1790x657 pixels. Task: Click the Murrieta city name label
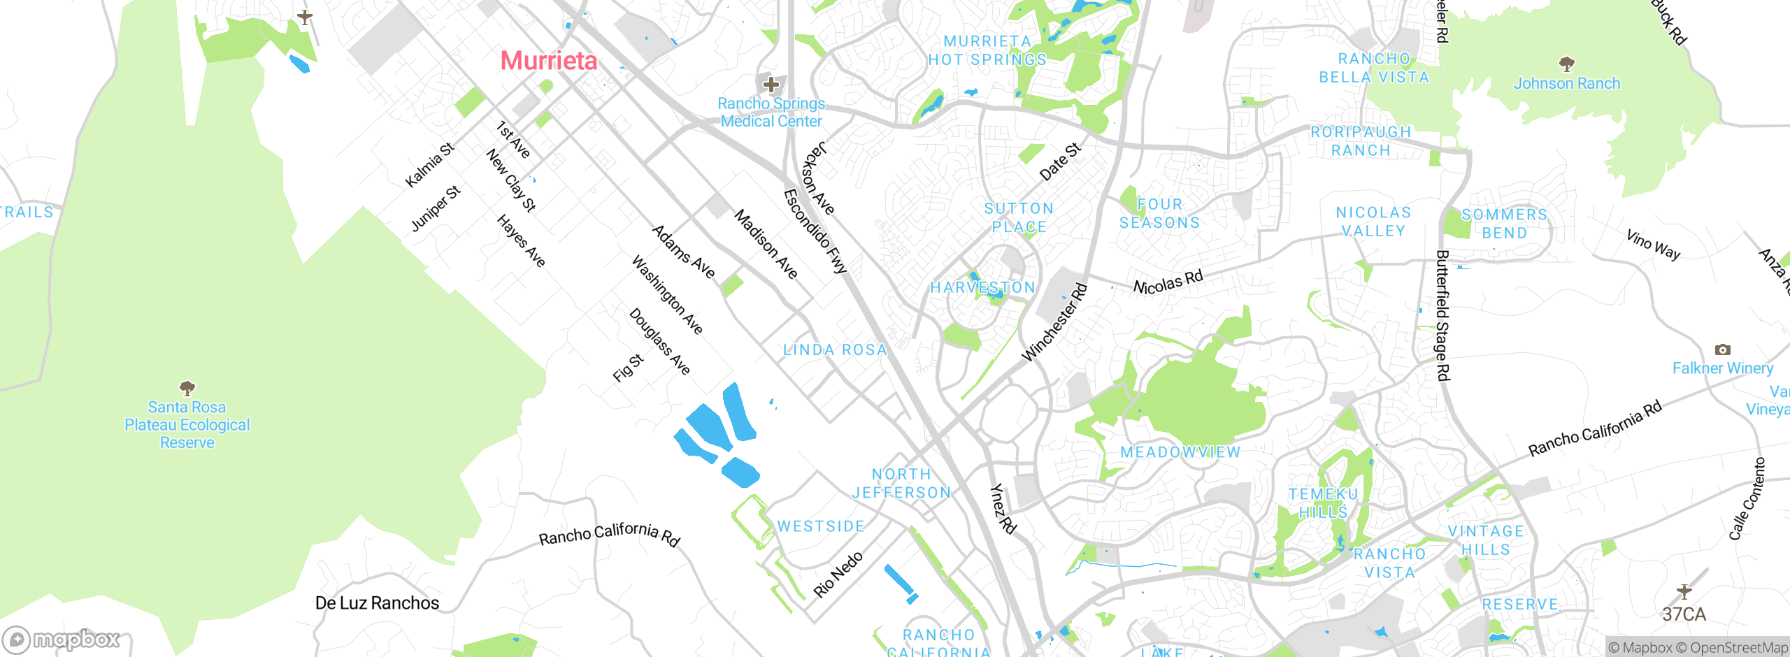click(x=549, y=61)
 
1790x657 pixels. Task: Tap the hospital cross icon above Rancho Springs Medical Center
click(x=771, y=85)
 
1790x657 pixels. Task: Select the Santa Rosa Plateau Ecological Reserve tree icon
click(x=187, y=387)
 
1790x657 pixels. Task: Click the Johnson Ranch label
click(x=1566, y=83)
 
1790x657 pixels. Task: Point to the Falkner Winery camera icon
click(x=1722, y=349)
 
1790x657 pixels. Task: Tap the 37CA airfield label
click(x=1684, y=614)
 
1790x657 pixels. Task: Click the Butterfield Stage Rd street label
click(x=1443, y=315)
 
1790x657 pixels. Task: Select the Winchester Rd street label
click(x=1054, y=322)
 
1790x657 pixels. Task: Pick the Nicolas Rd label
click(x=1168, y=282)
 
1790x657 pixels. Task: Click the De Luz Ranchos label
click(x=377, y=602)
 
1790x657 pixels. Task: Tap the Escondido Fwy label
click(x=815, y=231)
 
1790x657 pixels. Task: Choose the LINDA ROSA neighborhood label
click(x=835, y=349)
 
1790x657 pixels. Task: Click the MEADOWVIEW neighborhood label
click(x=1180, y=452)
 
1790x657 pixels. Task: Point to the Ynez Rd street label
click(x=1003, y=508)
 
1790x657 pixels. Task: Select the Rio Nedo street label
click(x=838, y=575)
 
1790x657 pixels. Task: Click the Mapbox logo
click(x=62, y=640)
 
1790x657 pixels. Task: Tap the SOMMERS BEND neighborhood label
click(x=1504, y=224)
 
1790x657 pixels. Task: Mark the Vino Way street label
click(x=1653, y=245)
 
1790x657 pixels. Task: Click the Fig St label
click(x=628, y=368)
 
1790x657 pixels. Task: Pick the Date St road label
click(x=1060, y=161)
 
